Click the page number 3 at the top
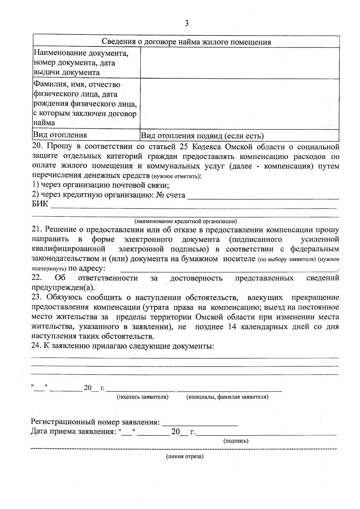187,23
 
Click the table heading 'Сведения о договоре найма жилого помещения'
186,42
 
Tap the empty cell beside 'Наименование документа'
239,63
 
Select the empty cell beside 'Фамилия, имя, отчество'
239,104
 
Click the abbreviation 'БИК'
40,205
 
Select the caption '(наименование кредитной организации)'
186,222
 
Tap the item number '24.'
36,346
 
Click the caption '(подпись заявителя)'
142,397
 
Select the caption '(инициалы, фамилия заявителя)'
227,397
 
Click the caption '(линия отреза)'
185,457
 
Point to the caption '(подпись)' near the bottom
236,441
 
